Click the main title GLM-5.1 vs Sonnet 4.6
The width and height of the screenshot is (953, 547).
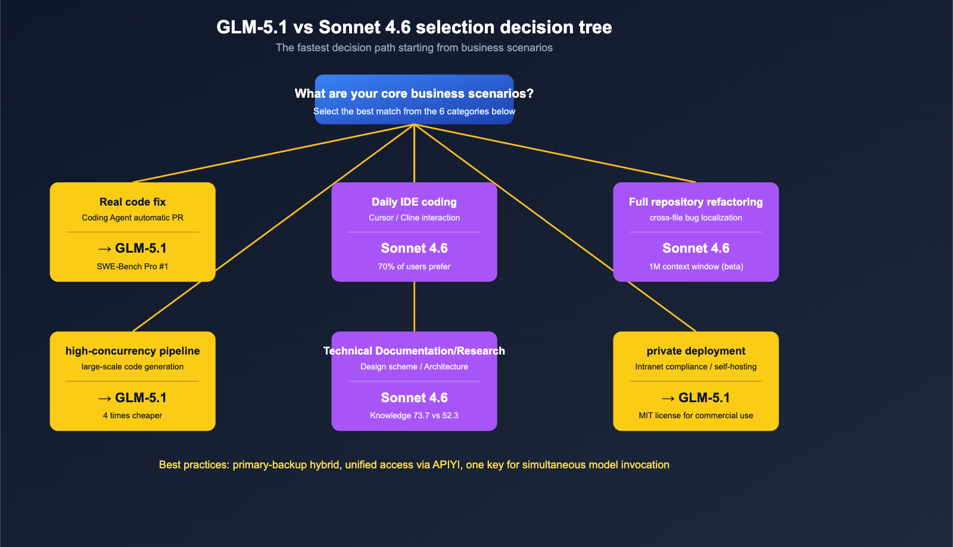tap(414, 27)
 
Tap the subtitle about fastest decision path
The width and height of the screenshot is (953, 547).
tap(414, 48)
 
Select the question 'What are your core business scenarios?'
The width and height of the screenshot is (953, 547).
tap(414, 94)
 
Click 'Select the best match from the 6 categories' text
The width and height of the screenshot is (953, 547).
tap(414, 111)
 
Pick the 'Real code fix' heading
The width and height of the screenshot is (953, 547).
tap(132, 202)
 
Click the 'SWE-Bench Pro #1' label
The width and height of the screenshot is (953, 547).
tap(132, 266)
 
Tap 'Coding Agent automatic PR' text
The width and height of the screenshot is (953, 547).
tap(132, 217)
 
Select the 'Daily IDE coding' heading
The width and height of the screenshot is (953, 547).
tap(414, 202)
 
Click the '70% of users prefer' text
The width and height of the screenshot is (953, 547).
tap(414, 266)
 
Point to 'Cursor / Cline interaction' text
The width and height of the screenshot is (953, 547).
tap(414, 217)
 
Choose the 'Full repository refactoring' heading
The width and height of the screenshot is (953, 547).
tap(696, 202)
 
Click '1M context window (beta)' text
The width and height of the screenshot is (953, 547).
tap(696, 266)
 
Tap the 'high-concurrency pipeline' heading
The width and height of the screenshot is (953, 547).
tap(132, 351)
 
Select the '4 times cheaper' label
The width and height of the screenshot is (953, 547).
tap(132, 415)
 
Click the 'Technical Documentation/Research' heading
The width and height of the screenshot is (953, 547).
tap(414, 351)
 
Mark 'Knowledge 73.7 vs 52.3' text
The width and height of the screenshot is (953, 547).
tap(414, 415)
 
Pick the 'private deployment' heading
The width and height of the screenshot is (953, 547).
tap(696, 351)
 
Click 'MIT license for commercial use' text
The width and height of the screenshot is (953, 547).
tap(696, 415)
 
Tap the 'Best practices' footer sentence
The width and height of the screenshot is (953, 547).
tap(414, 465)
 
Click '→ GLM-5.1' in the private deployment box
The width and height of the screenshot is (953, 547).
tap(696, 397)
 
